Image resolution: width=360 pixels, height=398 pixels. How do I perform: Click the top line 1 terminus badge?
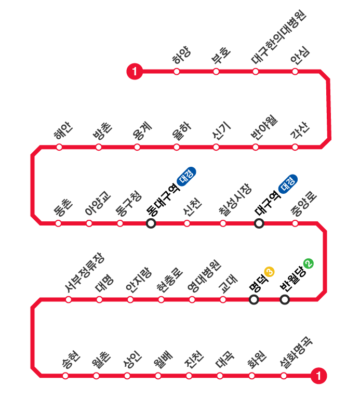[135, 72]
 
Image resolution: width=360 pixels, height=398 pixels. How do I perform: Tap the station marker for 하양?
[177, 72]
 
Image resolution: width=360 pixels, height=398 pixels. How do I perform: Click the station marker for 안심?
[295, 72]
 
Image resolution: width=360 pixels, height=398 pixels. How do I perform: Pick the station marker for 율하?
[177, 147]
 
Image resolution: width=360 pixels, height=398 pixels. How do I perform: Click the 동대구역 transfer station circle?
[151, 223]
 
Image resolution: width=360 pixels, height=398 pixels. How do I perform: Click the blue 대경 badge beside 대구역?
[288, 184]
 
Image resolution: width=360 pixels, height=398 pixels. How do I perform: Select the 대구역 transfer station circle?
[259, 223]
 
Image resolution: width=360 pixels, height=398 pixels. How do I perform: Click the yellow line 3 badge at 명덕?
[269, 271]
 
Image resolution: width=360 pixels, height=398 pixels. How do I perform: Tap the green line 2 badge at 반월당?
[308, 264]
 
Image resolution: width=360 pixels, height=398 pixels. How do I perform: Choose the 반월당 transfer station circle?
[285, 299]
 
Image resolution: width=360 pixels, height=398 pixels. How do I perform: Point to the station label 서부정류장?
[84, 272]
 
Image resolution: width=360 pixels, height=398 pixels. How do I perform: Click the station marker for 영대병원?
[192, 299]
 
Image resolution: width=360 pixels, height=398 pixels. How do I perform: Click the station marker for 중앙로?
[295, 223]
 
